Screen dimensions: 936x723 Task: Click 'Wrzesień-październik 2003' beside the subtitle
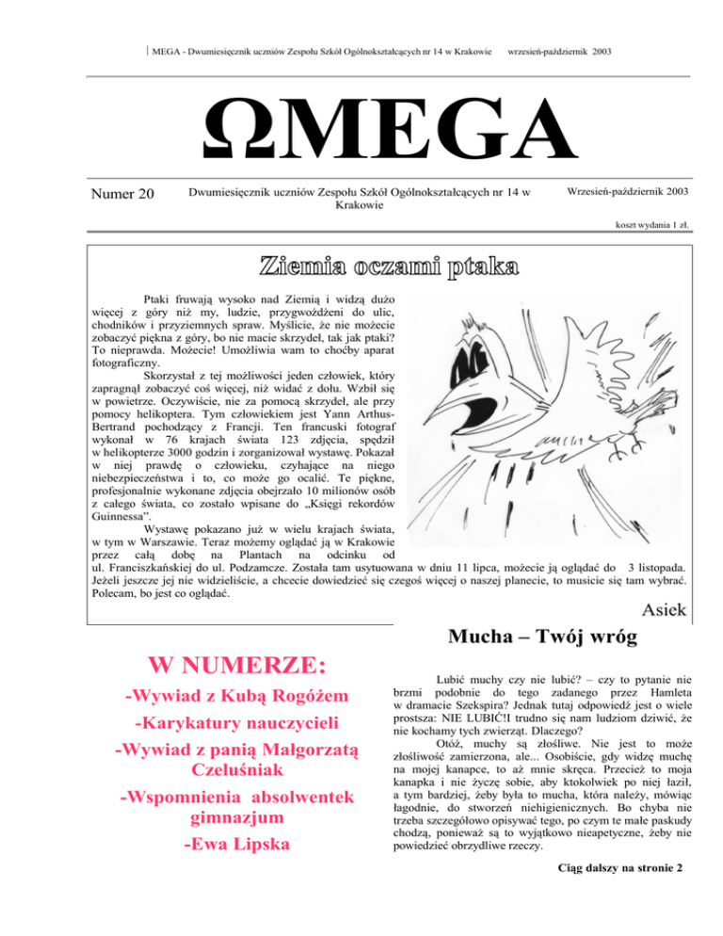pyautogui.click(x=629, y=191)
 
